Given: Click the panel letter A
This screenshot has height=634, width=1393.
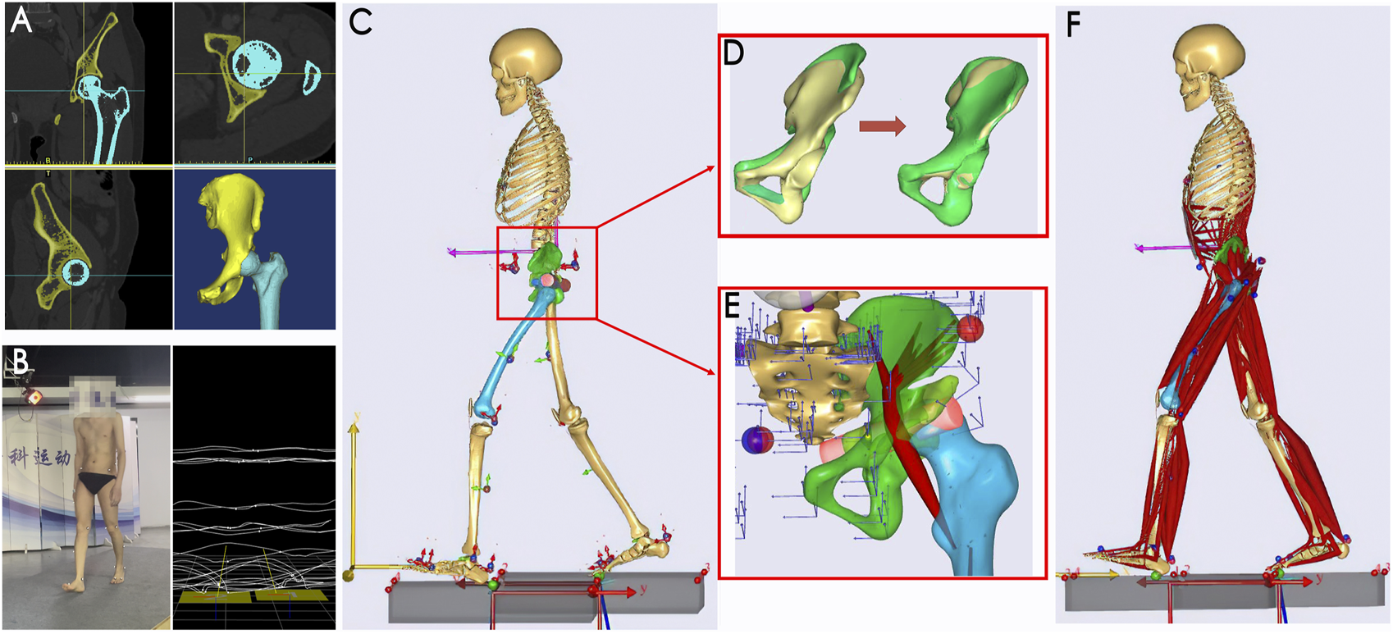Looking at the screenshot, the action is (x=21, y=20).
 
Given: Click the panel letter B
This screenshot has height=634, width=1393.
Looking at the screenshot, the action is (x=20, y=361).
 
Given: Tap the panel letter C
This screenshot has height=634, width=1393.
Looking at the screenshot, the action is (x=361, y=21).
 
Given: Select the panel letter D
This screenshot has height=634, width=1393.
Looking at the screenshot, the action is (x=733, y=53).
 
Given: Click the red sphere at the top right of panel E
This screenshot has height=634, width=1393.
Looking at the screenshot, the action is (x=970, y=328).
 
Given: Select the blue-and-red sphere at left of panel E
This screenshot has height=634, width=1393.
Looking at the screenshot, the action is (x=757, y=440).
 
